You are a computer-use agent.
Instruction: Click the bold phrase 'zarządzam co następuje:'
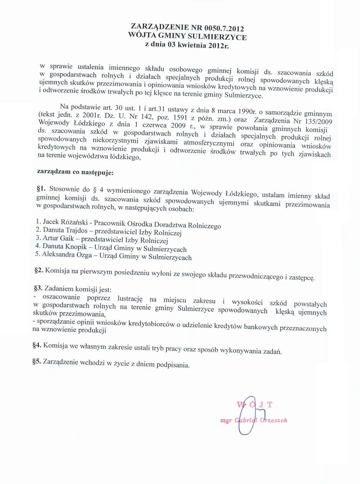click(75, 172)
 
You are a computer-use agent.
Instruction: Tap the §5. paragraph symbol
click(37, 361)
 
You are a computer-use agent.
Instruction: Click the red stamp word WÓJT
click(254, 404)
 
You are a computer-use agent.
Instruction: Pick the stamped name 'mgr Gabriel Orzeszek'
click(254, 420)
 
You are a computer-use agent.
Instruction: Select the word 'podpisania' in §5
click(173, 364)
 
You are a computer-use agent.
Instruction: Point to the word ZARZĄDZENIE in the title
click(155, 26)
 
